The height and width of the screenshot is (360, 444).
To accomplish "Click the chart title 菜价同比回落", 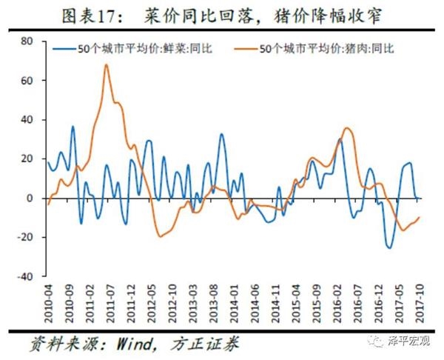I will coord(222,16).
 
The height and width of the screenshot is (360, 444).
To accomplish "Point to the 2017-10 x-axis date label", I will coord(420,301).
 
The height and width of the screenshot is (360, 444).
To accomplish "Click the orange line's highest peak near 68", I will coord(107,65).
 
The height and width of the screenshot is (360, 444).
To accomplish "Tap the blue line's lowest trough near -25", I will coord(390,247).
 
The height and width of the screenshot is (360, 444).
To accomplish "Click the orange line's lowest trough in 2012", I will coord(160,236).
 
